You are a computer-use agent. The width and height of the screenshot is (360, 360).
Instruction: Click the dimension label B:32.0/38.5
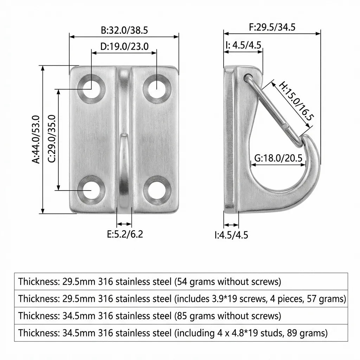pyautogui.click(x=124, y=30)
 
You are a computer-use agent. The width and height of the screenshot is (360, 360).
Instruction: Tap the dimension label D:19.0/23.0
pyautogui.click(x=124, y=46)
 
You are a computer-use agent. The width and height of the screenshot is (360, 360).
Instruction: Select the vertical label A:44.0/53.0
pyautogui.click(x=37, y=139)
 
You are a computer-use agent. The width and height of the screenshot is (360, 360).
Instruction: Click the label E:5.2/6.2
pyautogui.click(x=125, y=234)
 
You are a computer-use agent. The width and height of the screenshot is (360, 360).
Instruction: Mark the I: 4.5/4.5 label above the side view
pyautogui.click(x=243, y=45)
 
